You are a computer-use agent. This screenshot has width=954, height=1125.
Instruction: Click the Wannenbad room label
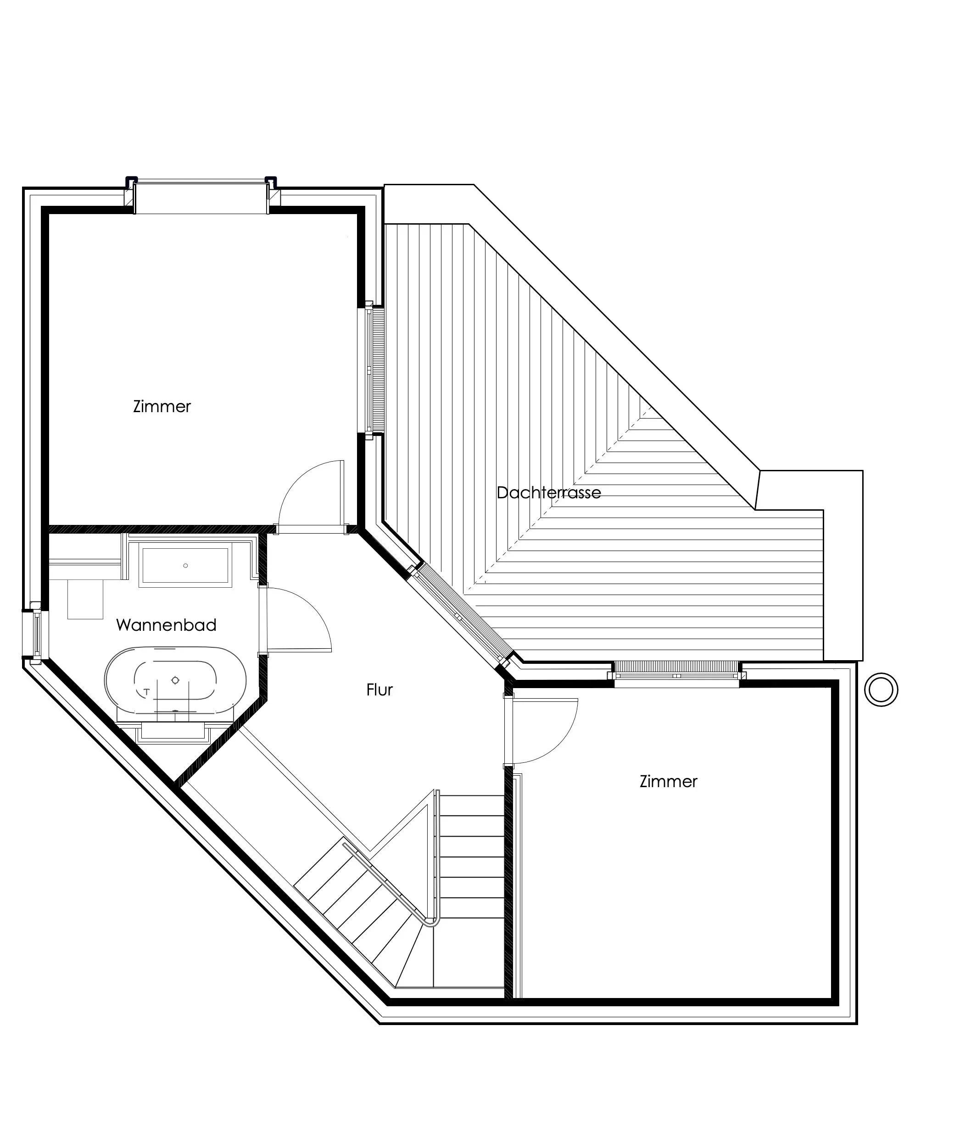(x=166, y=625)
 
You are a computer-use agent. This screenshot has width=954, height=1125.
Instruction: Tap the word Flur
(x=379, y=690)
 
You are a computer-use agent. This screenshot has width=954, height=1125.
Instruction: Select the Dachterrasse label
(x=548, y=493)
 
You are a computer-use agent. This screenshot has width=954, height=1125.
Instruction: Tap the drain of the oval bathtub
(x=175, y=680)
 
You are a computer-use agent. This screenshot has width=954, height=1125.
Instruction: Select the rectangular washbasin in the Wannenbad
(x=184, y=566)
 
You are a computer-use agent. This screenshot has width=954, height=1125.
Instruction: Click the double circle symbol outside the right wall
(x=881, y=689)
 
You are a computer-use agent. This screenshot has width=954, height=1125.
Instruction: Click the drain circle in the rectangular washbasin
(x=185, y=566)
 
